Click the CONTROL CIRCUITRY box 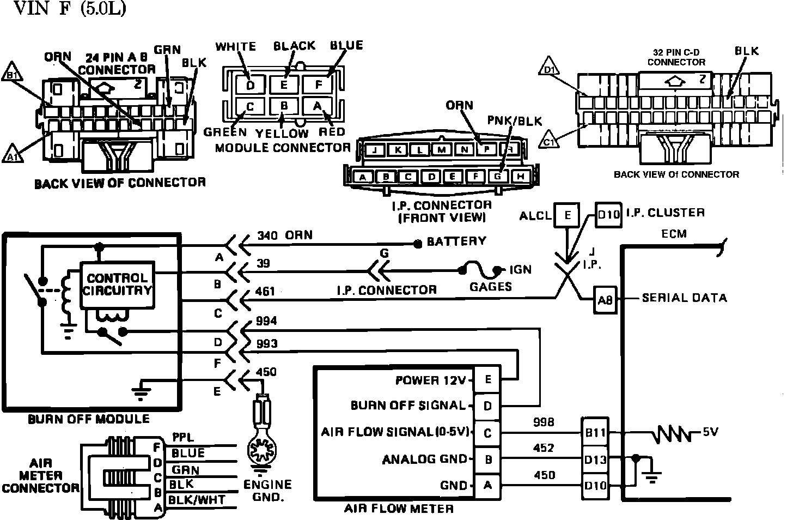(117, 284)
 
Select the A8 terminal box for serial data (605, 299)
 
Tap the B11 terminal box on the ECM (595, 433)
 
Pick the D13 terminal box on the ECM (595, 459)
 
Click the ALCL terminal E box (567, 215)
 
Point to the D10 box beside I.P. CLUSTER (608, 214)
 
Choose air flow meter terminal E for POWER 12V (487, 380)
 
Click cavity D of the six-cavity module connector (250, 85)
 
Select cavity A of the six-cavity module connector (318, 106)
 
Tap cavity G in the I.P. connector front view (497, 176)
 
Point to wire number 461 (265, 292)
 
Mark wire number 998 (544, 422)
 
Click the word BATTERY (456, 241)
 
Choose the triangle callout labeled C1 (550, 140)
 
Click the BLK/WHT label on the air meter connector (197, 500)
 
